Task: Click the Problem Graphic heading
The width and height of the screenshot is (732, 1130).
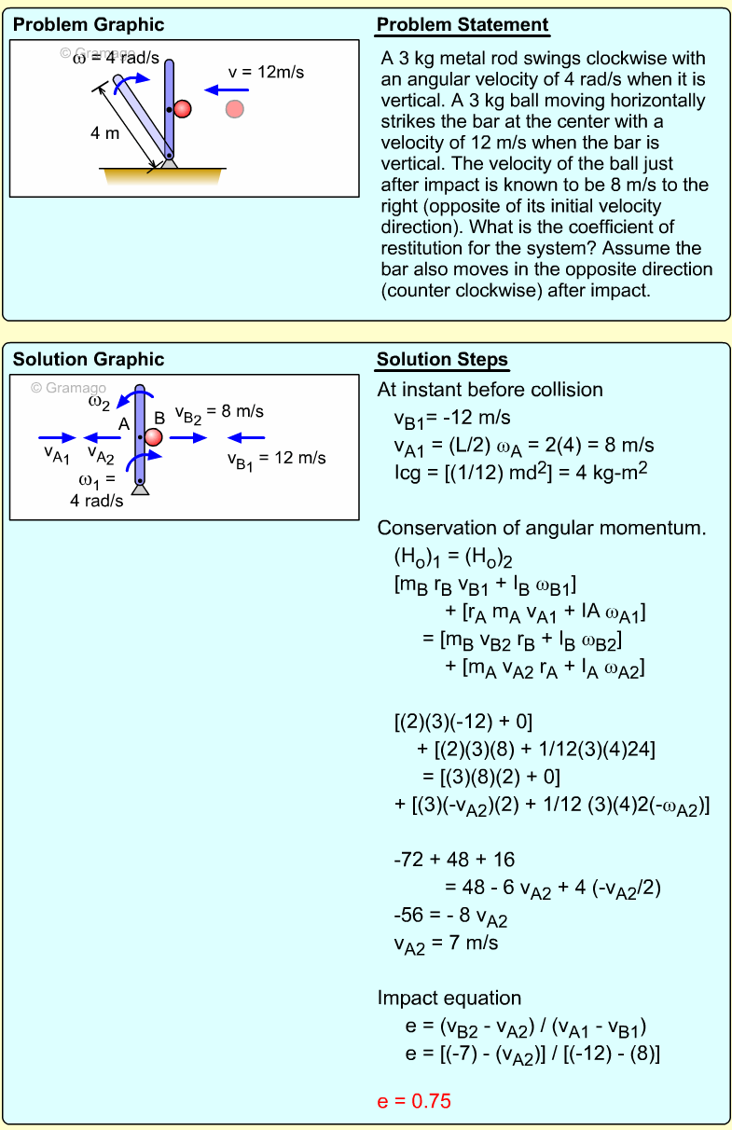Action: pyautogui.click(x=89, y=25)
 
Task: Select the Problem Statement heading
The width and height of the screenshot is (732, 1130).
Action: pyautogui.click(x=463, y=25)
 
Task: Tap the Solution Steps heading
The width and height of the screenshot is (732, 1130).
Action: pyautogui.click(x=442, y=360)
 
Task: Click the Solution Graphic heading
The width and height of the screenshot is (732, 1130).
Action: pyautogui.click(x=89, y=360)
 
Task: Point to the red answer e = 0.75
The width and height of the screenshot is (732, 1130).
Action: pyautogui.click(x=414, y=1101)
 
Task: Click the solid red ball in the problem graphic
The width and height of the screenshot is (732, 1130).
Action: pyautogui.click(x=183, y=109)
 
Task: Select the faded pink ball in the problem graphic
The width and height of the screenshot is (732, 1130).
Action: pyautogui.click(x=235, y=109)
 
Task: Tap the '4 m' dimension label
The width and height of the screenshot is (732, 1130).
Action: pyautogui.click(x=105, y=133)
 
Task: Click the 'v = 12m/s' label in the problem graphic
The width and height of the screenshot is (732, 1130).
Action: pyautogui.click(x=267, y=72)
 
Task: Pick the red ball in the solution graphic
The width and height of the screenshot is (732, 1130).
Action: pyautogui.click(x=154, y=436)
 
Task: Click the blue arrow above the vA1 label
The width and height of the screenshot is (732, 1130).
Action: pyautogui.click(x=57, y=436)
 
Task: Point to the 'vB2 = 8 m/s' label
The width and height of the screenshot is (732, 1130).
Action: pyautogui.click(x=219, y=412)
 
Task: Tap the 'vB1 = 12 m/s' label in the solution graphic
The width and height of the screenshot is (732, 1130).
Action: pyautogui.click(x=276, y=459)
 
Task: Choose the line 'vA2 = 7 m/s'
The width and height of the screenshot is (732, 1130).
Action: pyautogui.click(x=446, y=944)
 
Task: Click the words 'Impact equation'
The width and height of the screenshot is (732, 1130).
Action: pyautogui.click(x=449, y=999)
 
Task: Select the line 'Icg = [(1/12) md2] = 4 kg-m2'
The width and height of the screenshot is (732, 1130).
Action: pyautogui.click(x=521, y=472)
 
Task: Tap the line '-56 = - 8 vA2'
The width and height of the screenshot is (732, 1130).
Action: pyautogui.click(x=450, y=917)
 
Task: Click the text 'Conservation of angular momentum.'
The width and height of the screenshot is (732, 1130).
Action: pyautogui.click(x=541, y=529)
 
